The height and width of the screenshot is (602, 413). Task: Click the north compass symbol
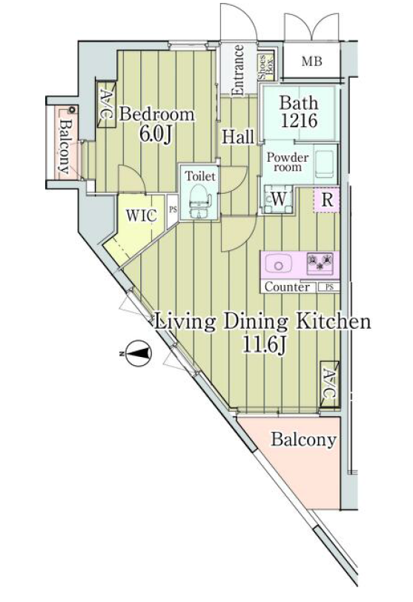[x=137, y=353]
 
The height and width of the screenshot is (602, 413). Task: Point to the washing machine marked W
[x=278, y=199]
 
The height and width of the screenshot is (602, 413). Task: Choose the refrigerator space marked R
[x=327, y=200]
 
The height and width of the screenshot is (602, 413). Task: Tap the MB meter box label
[x=311, y=61]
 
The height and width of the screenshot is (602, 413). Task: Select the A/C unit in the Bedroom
[x=105, y=105]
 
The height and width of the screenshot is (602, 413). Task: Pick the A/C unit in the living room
[x=329, y=384]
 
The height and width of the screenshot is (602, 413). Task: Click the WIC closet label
[x=142, y=215]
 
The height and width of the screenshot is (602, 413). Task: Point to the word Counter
[x=287, y=287]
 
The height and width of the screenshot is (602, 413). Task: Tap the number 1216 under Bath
[x=299, y=120]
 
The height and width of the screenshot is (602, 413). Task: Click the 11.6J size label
[x=262, y=344]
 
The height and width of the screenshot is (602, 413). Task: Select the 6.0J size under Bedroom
[x=155, y=134]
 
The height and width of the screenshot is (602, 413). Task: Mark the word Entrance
[x=238, y=71]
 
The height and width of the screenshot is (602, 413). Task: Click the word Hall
[x=238, y=137]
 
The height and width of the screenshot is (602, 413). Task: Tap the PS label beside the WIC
[x=173, y=210]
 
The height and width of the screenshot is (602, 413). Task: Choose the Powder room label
[x=288, y=163]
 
